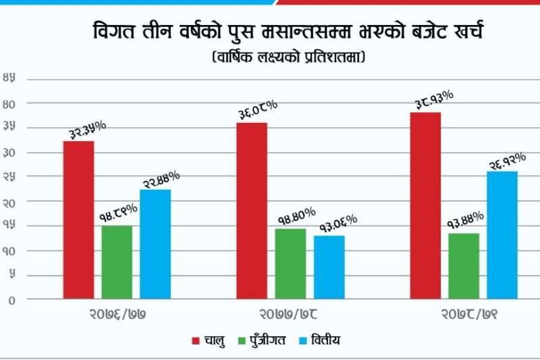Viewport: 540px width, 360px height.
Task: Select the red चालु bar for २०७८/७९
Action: pos(425,205)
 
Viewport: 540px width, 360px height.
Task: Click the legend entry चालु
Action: pos(209,340)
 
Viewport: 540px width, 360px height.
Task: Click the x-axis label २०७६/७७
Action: pos(117,315)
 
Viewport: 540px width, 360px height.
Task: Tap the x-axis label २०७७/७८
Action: pos(290,315)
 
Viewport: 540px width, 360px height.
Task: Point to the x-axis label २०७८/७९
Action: pos(464,315)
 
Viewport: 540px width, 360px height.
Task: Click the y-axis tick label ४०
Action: pos(9,103)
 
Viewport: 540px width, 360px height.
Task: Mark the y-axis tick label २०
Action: pos(9,201)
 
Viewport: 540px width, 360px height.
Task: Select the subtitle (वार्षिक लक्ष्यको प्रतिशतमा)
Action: pos(288,58)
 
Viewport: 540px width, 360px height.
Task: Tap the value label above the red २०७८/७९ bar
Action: pos(433,101)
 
